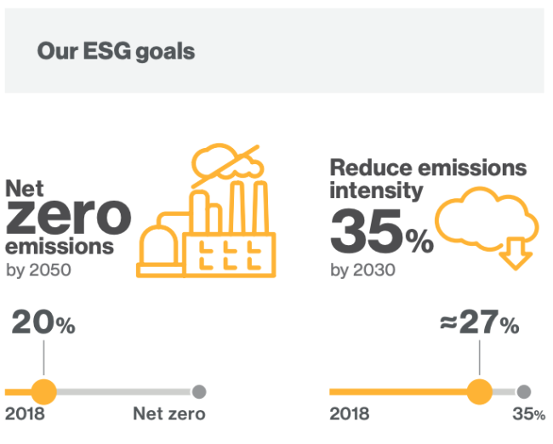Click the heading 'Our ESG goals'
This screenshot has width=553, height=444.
coord(116,52)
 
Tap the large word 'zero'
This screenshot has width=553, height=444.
coord(69,217)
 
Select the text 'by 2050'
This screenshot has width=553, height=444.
coord(39,270)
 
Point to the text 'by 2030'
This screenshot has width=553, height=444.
coord(362,270)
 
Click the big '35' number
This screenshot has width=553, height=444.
coord(366,231)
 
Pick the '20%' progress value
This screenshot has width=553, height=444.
coord(43,322)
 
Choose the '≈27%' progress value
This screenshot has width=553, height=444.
coord(480,322)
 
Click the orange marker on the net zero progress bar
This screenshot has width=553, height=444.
coord(43,392)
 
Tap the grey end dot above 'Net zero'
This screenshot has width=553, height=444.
coord(199,392)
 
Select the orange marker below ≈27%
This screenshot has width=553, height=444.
coord(479,392)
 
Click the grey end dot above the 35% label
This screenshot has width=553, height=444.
coord(524,392)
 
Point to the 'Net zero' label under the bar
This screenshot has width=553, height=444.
coord(169,413)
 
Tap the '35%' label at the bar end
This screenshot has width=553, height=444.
coord(529,414)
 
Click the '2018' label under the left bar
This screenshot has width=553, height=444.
coord(25,414)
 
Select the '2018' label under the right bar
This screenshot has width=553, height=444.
coord(350,414)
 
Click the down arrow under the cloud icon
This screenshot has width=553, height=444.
coord(516,253)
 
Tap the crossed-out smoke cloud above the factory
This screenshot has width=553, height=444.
coord(227,165)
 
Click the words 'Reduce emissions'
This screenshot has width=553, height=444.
coord(428,168)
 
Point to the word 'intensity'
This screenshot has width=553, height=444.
coord(376,191)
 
